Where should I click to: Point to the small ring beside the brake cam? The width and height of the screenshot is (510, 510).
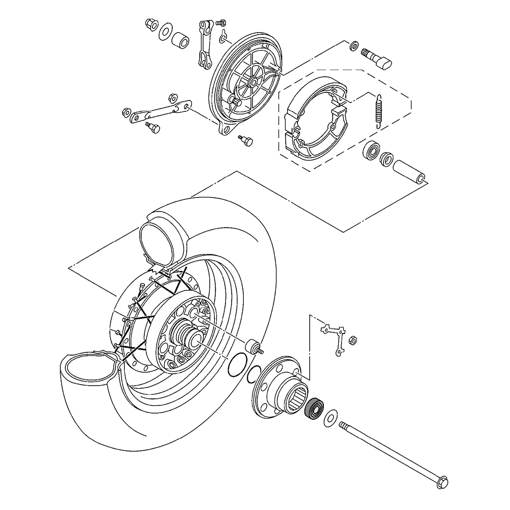point(352,47)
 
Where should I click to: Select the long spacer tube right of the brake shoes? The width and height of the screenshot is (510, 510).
point(411,172)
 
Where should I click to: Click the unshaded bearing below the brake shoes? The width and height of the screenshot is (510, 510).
point(371,151)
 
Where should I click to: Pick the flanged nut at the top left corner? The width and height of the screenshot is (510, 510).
point(150,23)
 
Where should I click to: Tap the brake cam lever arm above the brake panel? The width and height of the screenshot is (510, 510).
point(205,45)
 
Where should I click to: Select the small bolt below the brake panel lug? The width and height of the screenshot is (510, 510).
point(245,139)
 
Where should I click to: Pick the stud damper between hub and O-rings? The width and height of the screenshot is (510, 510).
point(254,347)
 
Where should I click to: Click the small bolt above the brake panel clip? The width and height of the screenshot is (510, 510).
point(221,23)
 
